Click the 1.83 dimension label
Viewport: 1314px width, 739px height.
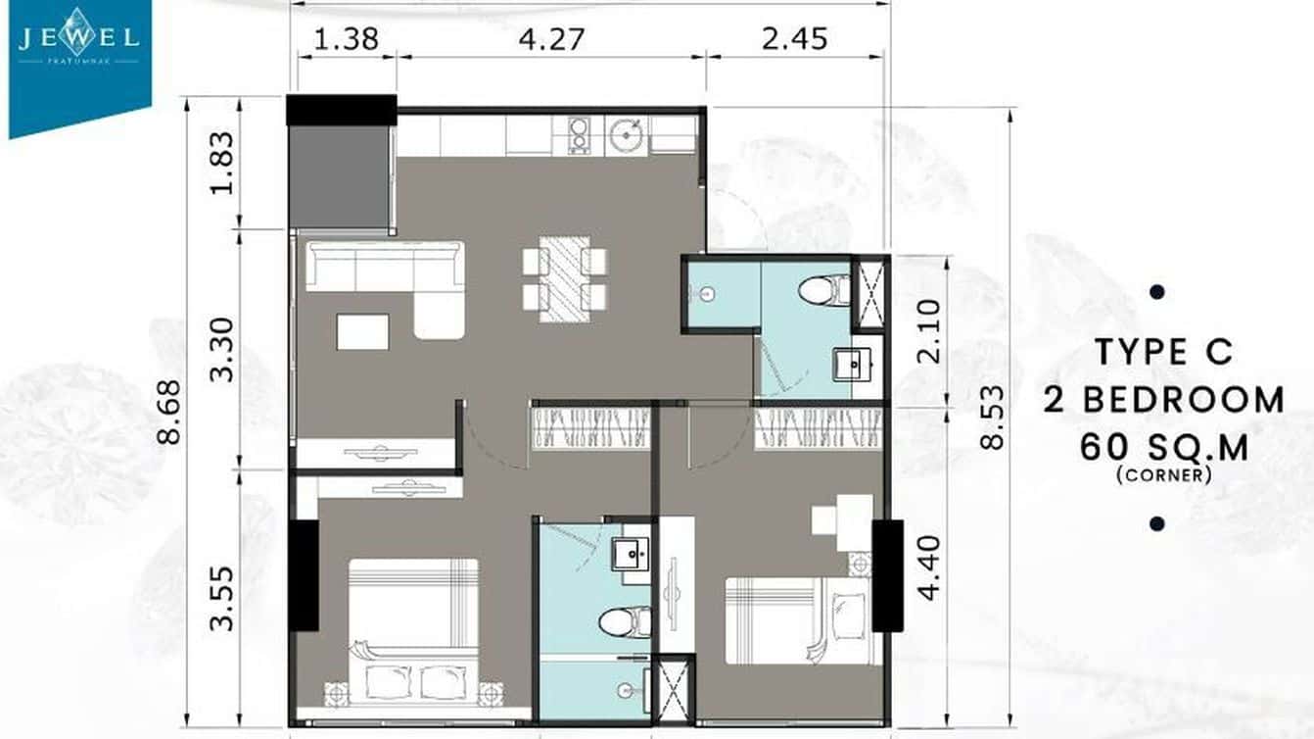click(x=223, y=163)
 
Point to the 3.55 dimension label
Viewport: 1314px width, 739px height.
click(x=223, y=598)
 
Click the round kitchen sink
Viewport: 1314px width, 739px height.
click(x=625, y=134)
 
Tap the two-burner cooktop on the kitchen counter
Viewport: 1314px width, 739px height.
click(x=579, y=135)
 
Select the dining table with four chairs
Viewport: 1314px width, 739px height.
click(x=564, y=278)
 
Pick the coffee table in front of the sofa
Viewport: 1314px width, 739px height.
click(x=362, y=331)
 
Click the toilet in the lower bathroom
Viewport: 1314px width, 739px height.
click(x=624, y=621)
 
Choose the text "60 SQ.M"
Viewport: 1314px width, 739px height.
click(x=1164, y=447)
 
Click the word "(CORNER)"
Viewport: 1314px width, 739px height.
click(x=1163, y=476)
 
